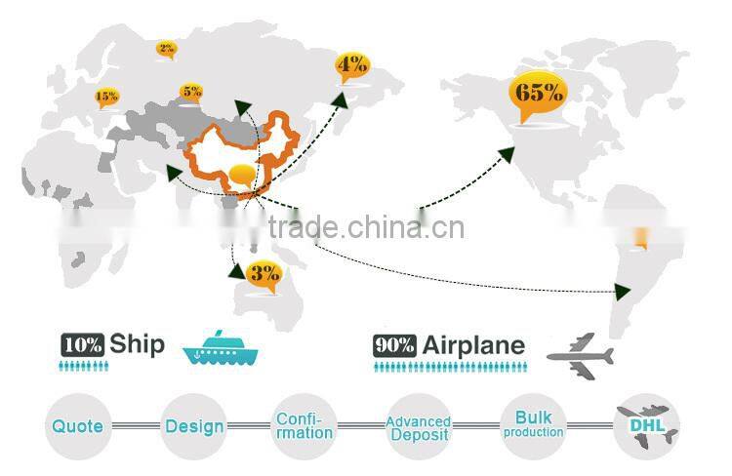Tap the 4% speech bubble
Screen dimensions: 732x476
(x=352, y=65)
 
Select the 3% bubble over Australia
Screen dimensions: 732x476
(x=264, y=275)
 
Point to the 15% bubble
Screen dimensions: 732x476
(x=107, y=98)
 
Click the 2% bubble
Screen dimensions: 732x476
(x=167, y=50)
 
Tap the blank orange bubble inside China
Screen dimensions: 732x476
(x=243, y=176)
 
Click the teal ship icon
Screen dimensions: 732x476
(x=221, y=347)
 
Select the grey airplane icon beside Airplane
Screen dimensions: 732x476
(x=581, y=356)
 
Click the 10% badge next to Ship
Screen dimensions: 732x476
(x=83, y=345)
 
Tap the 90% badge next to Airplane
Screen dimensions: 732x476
(x=394, y=346)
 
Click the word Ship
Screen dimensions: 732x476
(x=138, y=344)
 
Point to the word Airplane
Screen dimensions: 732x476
(x=473, y=346)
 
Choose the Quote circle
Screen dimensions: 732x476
(x=78, y=426)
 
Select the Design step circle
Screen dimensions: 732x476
(x=194, y=426)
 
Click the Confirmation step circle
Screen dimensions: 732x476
(x=304, y=426)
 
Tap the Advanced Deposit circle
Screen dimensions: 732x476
(x=419, y=426)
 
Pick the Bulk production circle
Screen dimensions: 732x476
(x=533, y=426)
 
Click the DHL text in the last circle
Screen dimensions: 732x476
(x=647, y=425)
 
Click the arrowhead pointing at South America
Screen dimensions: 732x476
(x=623, y=292)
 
